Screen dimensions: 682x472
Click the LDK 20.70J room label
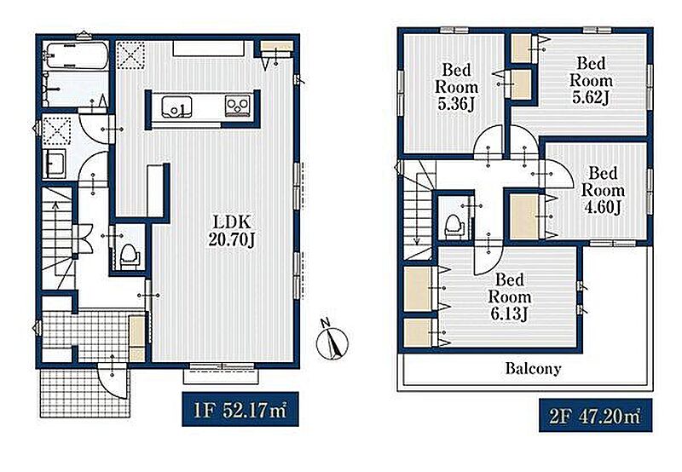231,231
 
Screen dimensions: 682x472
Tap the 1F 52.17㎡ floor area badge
240,410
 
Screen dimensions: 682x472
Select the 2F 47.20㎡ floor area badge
595,416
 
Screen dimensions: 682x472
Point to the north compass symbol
332,341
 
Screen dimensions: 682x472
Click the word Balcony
533,369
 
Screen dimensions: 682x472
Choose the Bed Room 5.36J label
456,87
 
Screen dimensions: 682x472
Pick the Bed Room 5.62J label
591,81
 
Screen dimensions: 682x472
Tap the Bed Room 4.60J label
603,190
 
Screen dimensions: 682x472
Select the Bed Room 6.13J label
509,296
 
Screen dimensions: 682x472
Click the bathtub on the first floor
77,55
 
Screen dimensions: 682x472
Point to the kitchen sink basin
176,106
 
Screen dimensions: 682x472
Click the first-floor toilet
129,256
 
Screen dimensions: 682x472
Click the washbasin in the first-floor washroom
55,164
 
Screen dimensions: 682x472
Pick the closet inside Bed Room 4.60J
524,216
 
